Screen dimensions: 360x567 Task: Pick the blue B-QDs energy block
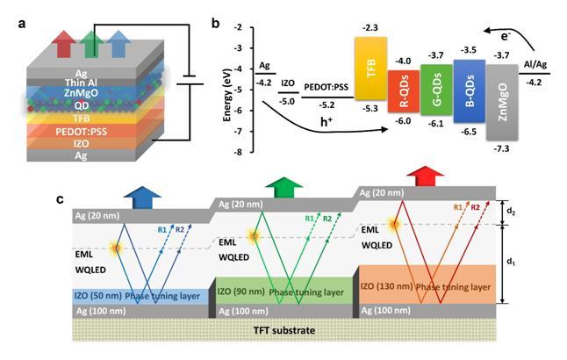coord(469,93)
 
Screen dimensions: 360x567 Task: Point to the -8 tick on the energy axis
coord(239,152)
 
